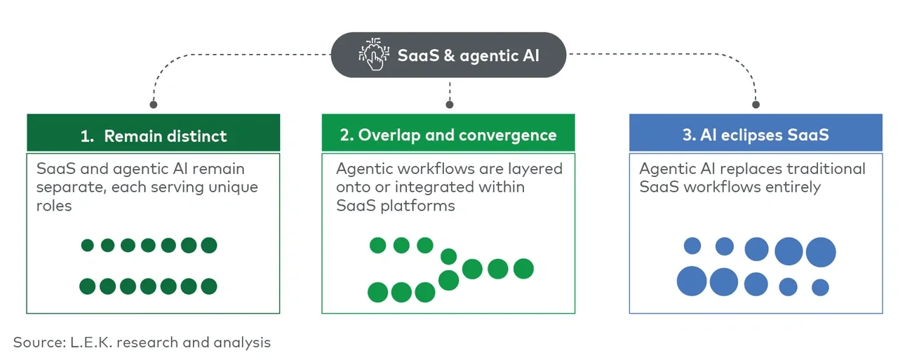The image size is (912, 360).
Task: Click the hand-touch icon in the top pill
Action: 372,55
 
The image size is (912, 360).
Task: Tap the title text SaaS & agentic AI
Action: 469,55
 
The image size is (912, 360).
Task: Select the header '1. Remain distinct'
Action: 154,136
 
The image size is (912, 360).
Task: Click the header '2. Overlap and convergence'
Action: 448,135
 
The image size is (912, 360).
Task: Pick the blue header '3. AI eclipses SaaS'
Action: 756,135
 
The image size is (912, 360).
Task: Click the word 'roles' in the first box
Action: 54,206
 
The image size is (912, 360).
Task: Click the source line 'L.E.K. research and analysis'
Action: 170,342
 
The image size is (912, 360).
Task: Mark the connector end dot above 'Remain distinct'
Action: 154,105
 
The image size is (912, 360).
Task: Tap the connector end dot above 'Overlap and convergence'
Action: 450,105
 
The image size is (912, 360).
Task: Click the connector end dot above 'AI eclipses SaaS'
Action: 756,105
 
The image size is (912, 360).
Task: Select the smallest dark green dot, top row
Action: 88,246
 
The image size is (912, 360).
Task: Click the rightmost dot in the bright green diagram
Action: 523,268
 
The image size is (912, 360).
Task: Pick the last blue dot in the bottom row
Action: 820,287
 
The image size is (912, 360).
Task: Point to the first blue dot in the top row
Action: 692,246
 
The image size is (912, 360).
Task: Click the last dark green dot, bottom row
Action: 208,286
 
